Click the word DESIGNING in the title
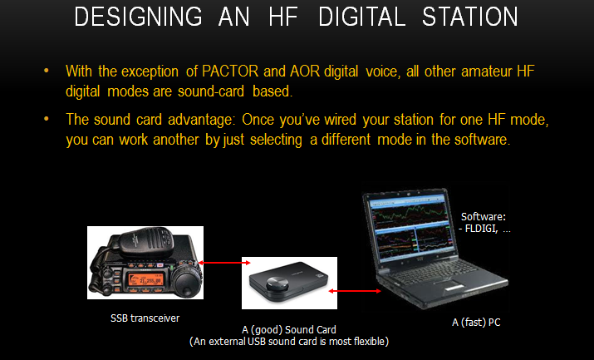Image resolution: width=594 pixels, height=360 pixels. click(x=138, y=17)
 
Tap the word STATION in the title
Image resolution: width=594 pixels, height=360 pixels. click(x=469, y=17)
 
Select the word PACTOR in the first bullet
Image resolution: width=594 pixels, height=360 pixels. click(x=230, y=72)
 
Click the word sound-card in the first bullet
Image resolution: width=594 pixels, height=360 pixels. click(x=211, y=91)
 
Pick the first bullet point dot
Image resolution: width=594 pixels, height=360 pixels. click(x=47, y=71)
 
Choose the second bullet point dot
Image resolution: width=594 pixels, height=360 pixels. click(x=47, y=119)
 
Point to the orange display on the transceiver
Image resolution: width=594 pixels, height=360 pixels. click(x=146, y=279)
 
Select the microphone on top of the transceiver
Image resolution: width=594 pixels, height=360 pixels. click(x=147, y=241)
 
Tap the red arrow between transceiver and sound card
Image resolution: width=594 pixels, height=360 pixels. click(x=224, y=263)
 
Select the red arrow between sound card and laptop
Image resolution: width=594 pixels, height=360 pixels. click(x=355, y=291)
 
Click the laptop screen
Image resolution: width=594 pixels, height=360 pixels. click(x=410, y=229)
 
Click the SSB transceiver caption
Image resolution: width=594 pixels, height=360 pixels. click(x=145, y=318)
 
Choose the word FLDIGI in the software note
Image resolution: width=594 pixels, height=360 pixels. click(x=481, y=229)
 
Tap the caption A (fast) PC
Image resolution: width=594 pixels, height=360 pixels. click(x=476, y=323)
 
